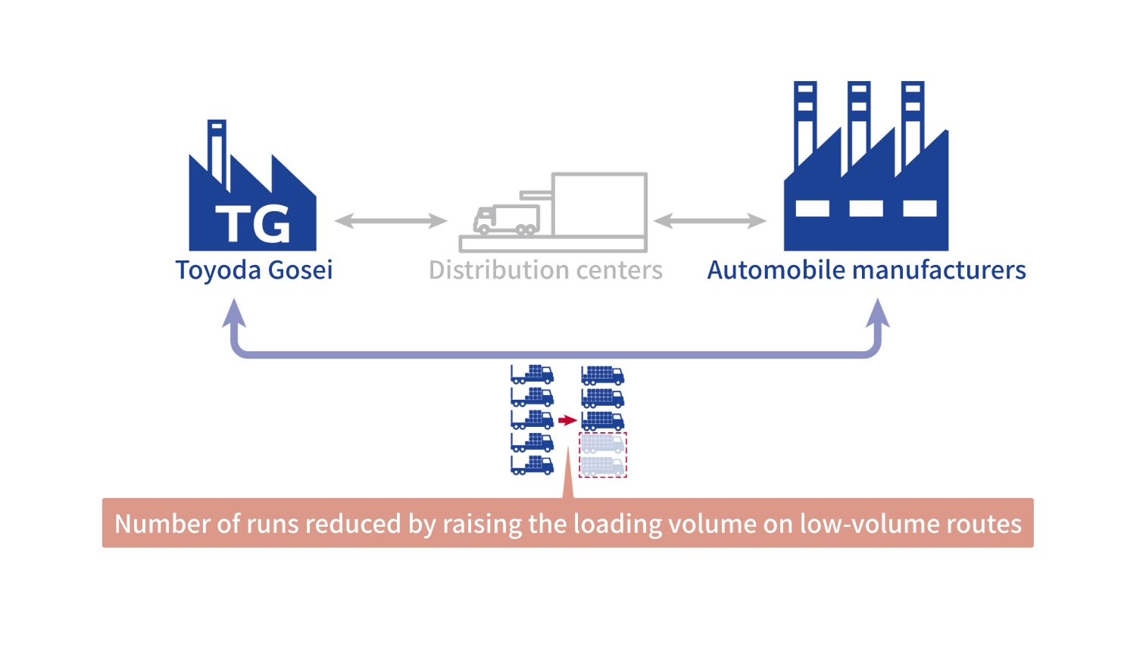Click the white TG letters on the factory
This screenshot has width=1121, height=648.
click(x=252, y=224)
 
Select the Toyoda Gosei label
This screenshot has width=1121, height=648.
click(x=254, y=270)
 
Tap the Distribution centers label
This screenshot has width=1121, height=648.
click(x=545, y=270)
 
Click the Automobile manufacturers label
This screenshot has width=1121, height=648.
click(x=867, y=270)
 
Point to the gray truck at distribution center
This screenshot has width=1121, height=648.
click(x=506, y=220)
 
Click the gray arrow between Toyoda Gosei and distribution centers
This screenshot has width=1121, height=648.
click(x=390, y=221)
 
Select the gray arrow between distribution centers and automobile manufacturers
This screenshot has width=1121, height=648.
click(x=710, y=221)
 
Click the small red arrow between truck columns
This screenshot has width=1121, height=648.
click(x=567, y=420)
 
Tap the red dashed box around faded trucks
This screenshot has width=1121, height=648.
click(x=603, y=455)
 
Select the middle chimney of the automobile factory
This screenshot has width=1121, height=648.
click(x=858, y=121)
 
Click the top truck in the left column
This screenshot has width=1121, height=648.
click(x=532, y=375)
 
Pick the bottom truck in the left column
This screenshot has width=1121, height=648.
click(x=532, y=465)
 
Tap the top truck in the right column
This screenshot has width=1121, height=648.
click(x=602, y=375)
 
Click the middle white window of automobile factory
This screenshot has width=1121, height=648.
click(x=866, y=208)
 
